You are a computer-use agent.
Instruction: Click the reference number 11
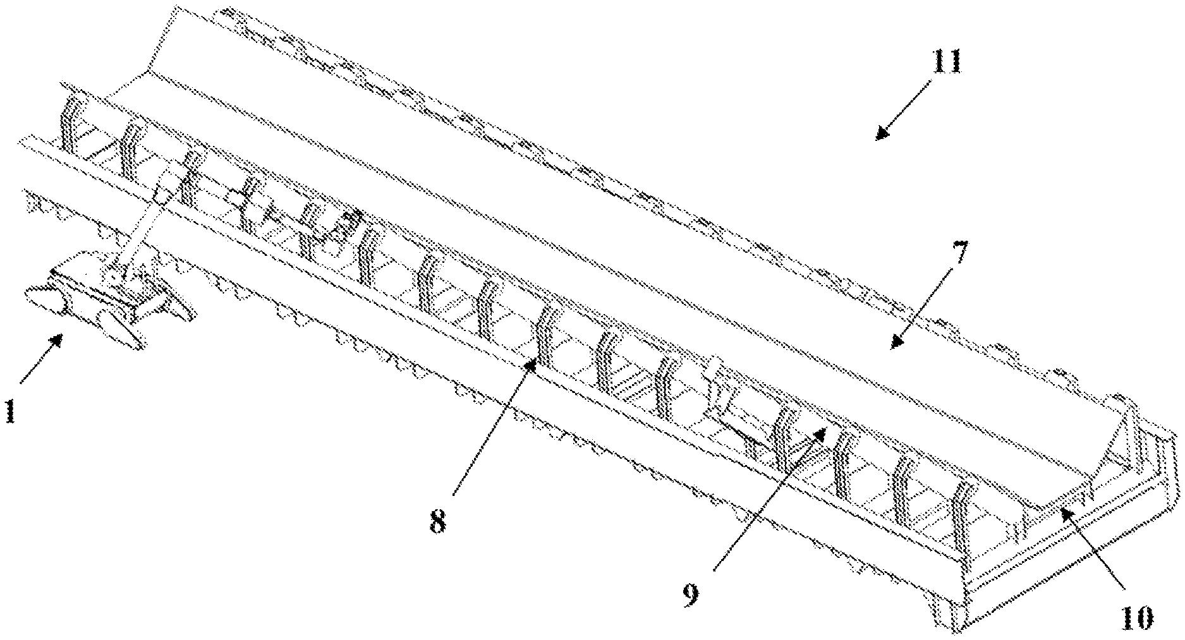tap(945, 64)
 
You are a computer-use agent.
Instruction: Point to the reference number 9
tap(690, 595)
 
